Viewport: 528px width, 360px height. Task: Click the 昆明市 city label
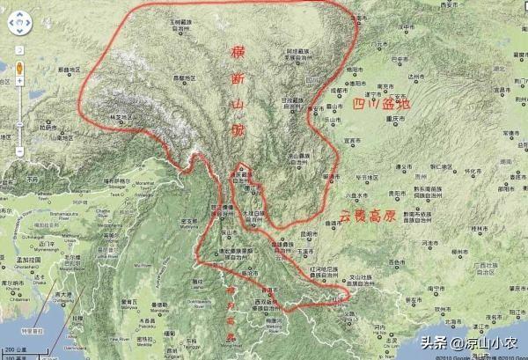[307, 233]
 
